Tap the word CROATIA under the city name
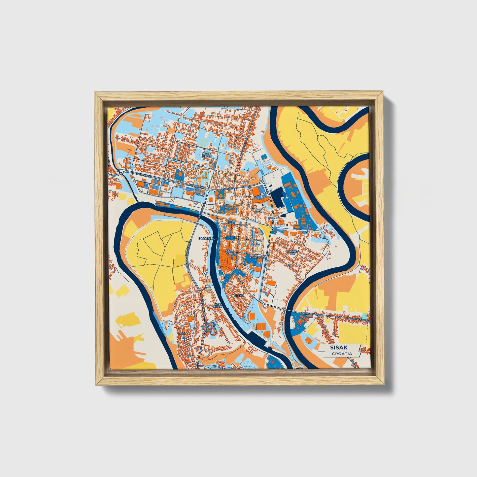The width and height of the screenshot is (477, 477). (342, 354)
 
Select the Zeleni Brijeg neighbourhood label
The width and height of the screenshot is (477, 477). (207, 155)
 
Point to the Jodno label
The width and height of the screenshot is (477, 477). (273, 218)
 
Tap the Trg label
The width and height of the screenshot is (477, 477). (255, 240)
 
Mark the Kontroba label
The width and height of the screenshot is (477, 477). (257, 257)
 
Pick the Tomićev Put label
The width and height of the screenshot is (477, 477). (292, 253)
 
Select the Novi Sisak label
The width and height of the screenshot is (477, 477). (218, 305)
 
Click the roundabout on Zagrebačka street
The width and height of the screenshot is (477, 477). (209, 189)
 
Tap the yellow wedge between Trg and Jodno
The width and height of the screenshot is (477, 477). (266, 232)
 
